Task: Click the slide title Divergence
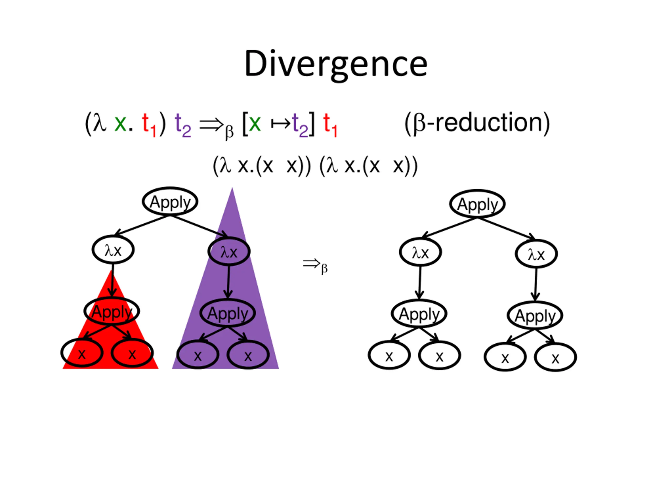point(336,64)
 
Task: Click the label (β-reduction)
point(477,123)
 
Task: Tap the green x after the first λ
point(120,123)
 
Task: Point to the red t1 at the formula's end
point(330,125)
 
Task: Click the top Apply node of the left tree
point(170,202)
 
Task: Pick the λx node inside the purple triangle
point(229,251)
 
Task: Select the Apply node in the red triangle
point(112,311)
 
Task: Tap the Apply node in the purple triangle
point(228,313)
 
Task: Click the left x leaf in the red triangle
point(82,353)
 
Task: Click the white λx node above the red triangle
point(113,250)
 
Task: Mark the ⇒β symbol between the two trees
point(315,265)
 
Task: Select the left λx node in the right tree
point(420,252)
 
